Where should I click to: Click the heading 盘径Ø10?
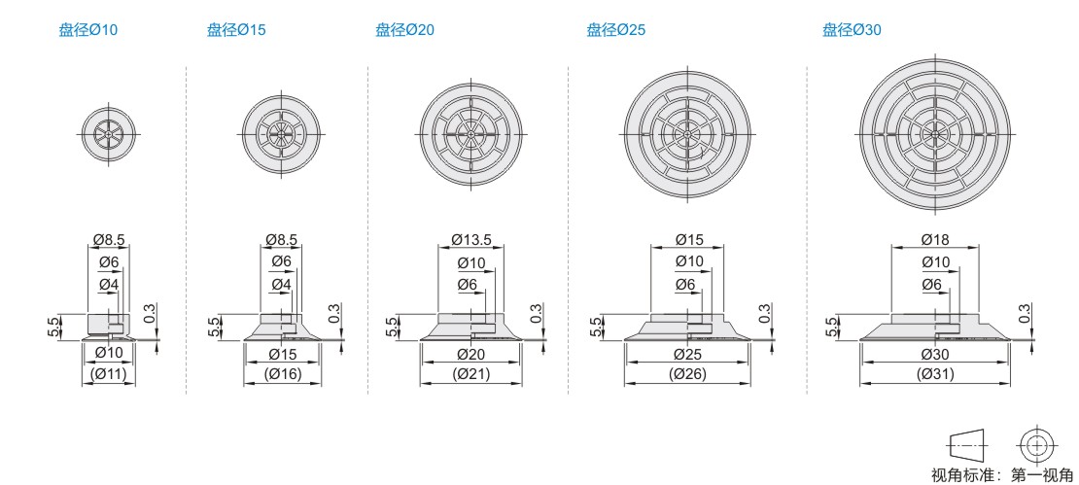(88, 30)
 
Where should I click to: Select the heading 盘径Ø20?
(404, 30)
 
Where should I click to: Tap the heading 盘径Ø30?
(852, 30)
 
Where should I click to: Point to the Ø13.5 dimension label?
(471, 240)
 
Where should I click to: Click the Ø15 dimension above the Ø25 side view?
(689, 240)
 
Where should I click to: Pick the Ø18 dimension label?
(934, 240)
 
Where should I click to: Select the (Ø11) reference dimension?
(109, 375)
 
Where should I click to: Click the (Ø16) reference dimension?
(283, 375)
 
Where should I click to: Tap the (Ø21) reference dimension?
(471, 375)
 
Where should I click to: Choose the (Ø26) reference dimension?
(686, 375)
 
